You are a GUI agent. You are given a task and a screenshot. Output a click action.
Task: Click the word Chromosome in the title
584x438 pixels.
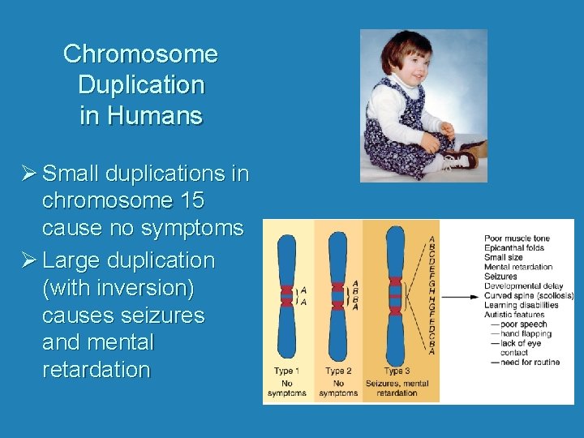pyautogui.click(x=140, y=54)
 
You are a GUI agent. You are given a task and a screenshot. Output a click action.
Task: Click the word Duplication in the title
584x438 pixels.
pyautogui.click(x=140, y=84)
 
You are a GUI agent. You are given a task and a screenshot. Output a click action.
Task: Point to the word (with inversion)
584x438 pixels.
pyautogui.click(x=123, y=288)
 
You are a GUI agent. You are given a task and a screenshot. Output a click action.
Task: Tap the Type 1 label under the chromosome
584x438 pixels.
pyautogui.click(x=286, y=371)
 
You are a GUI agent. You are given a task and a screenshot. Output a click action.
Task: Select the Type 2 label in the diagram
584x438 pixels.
pyautogui.click(x=338, y=371)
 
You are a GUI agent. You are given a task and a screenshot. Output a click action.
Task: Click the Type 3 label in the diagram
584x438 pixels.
pyautogui.click(x=397, y=371)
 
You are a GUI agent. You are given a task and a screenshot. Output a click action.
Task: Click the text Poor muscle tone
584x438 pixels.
pyautogui.click(x=517, y=238)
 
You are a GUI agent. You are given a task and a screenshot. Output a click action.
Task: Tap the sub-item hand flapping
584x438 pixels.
pyautogui.click(x=525, y=333)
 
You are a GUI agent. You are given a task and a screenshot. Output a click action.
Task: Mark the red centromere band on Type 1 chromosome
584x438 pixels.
pyautogui.click(x=286, y=294)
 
